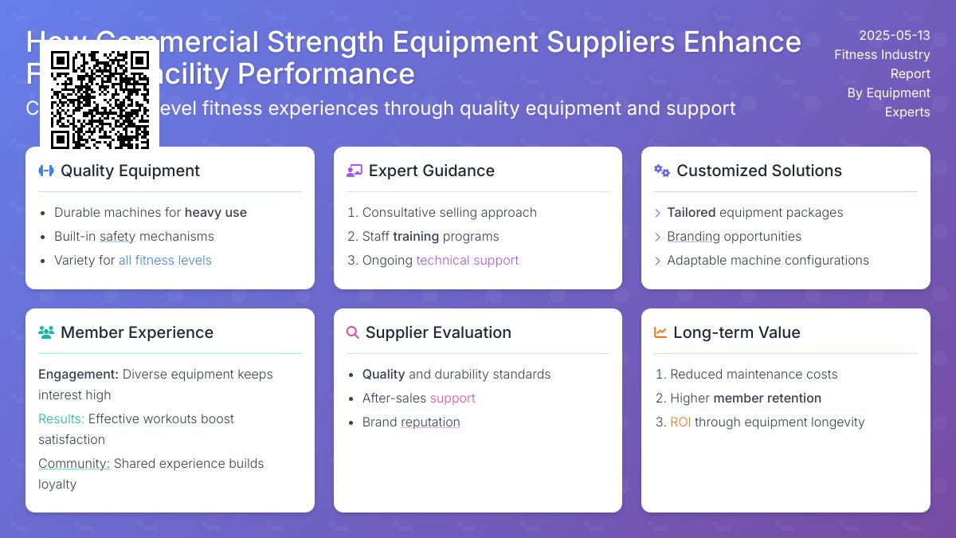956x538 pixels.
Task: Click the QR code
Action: pos(100,100)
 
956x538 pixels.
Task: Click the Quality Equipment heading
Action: pos(130,171)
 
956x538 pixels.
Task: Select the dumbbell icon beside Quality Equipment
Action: pos(46,171)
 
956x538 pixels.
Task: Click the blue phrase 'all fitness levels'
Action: pos(165,260)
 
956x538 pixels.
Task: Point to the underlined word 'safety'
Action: pos(117,236)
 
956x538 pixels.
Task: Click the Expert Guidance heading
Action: pos(431,171)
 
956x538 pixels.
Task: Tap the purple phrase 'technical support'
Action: pos(467,260)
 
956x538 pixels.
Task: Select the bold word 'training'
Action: pos(416,236)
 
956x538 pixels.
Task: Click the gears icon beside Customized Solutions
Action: pos(662,171)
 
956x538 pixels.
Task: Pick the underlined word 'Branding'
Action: pos(693,236)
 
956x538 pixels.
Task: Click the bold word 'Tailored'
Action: pos(691,212)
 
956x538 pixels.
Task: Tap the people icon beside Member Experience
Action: pos(46,332)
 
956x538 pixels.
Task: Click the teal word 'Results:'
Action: pos(61,418)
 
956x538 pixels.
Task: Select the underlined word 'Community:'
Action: pos(74,463)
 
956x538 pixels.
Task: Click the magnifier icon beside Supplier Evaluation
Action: pos(353,332)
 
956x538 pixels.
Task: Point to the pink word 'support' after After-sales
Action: pos(453,398)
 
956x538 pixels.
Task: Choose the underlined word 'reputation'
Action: pos(430,422)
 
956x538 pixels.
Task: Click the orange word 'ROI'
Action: pos(680,422)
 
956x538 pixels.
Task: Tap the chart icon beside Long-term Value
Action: pos(660,332)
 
